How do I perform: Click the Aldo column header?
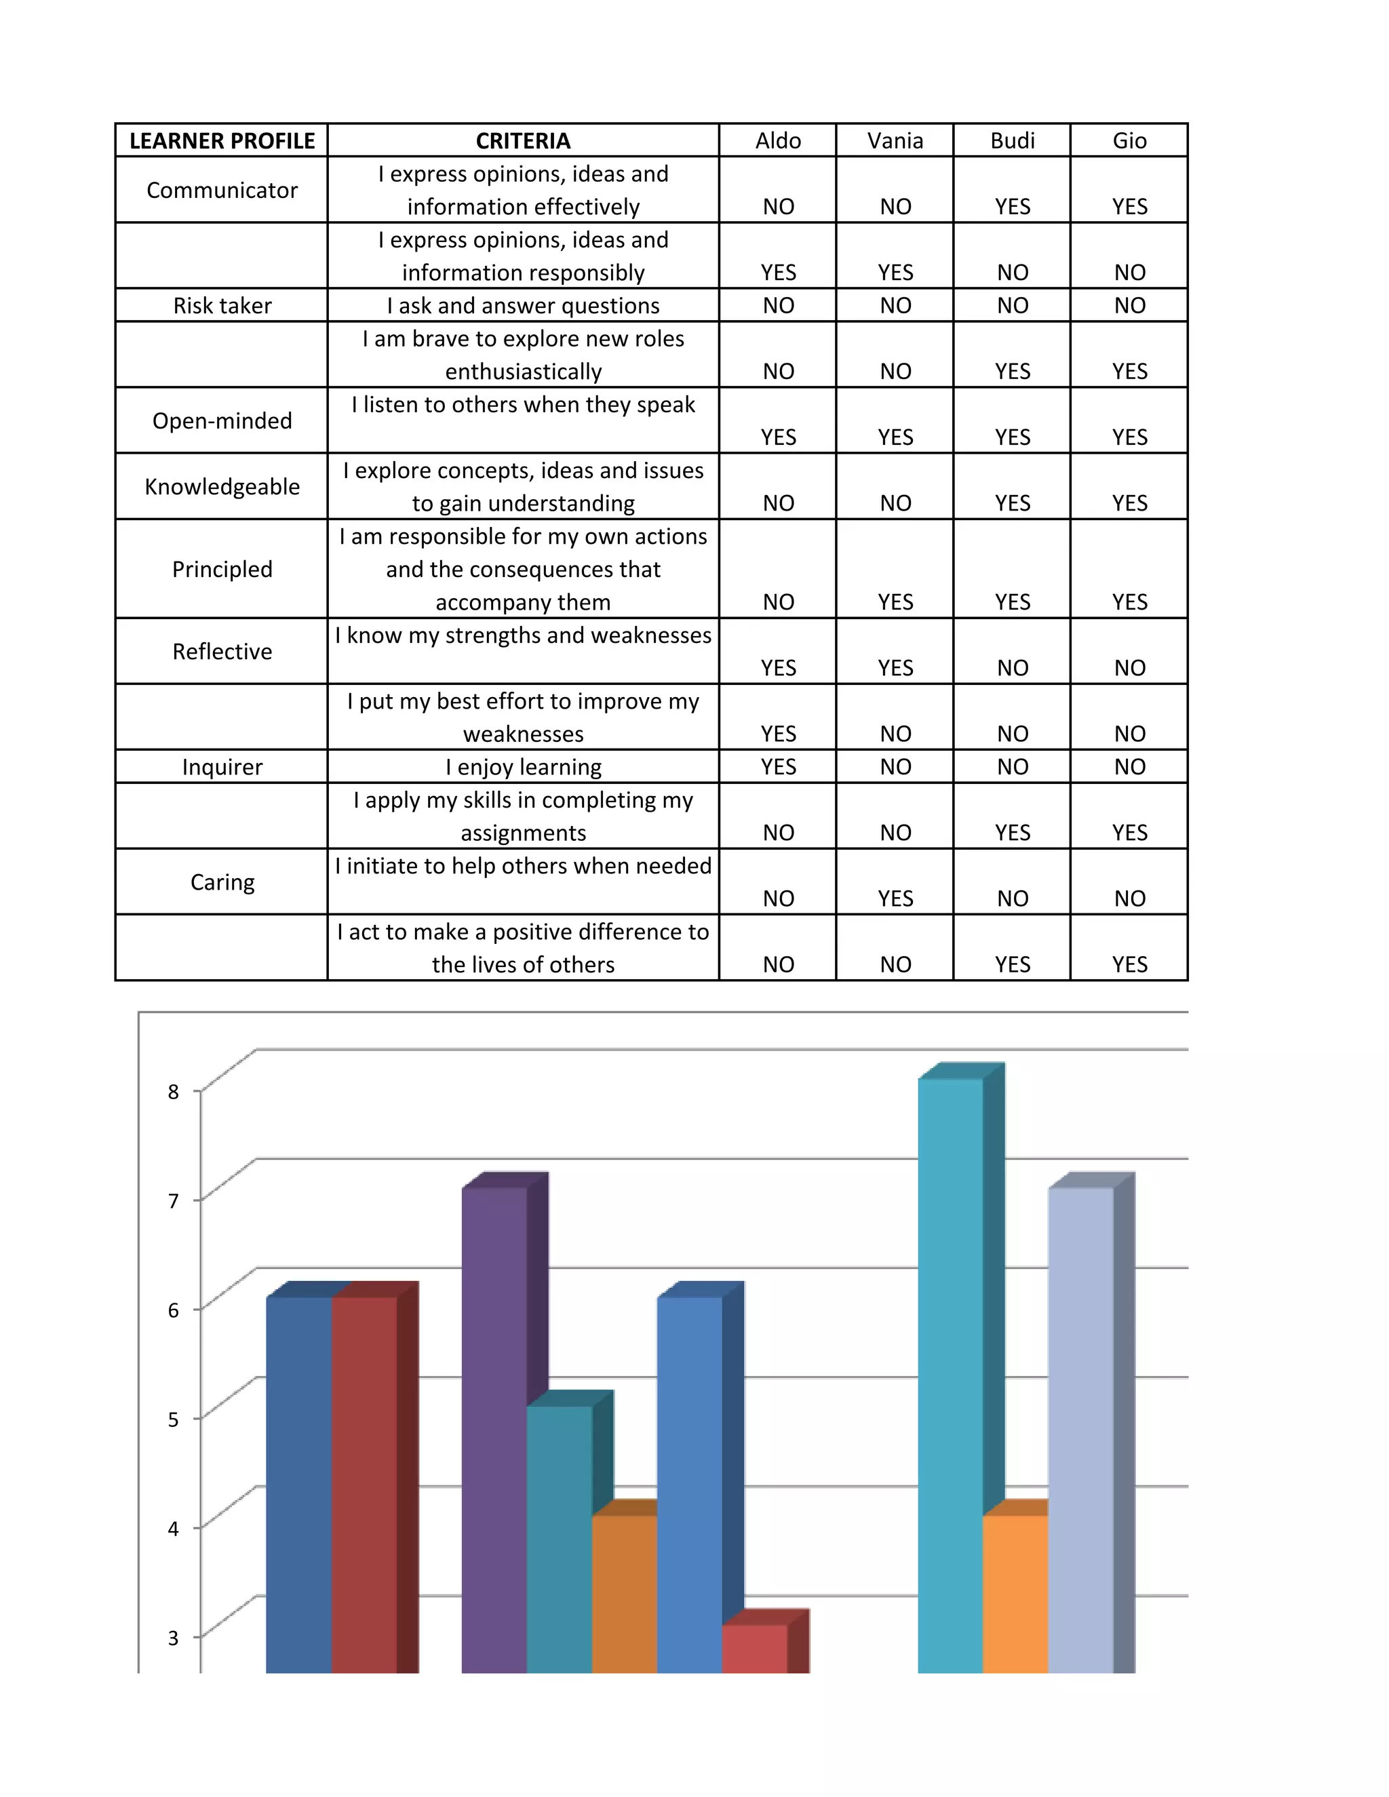click(x=778, y=140)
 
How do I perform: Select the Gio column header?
click(x=1129, y=140)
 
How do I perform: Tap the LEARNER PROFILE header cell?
click(x=222, y=140)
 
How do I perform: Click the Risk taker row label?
click(x=222, y=305)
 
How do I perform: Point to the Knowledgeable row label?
click(x=222, y=486)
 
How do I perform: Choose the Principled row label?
click(x=222, y=568)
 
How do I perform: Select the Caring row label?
click(x=222, y=882)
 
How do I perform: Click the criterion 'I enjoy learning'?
click(x=524, y=767)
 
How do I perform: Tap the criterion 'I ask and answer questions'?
click(x=524, y=305)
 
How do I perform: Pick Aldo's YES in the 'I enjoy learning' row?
click(x=778, y=767)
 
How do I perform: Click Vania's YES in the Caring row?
click(x=895, y=898)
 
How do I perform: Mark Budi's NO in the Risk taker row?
click(x=1012, y=305)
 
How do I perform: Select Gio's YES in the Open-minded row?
click(x=1129, y=437)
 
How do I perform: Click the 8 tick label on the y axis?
click(x=173, y=1092)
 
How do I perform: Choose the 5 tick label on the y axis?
click(x=173, y=1419)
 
